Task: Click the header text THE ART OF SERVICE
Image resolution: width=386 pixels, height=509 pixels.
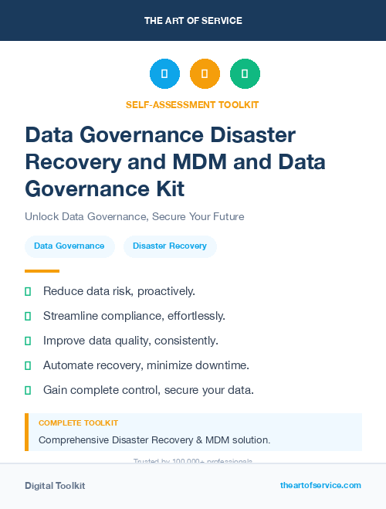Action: pos(193,21)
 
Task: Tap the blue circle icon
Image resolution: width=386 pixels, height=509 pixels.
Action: pos(164,73)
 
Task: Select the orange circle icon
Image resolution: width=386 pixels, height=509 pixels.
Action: pos(205,73)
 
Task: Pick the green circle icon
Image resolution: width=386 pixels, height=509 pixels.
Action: pos(245,73)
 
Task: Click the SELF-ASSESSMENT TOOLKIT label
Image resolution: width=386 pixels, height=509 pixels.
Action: pos(192,104)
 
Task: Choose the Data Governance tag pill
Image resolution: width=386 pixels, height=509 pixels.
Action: pos(69,246)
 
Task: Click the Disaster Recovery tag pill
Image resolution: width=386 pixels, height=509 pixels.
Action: pos(170,246)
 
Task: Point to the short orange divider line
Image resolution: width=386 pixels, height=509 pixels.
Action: pos(42,271)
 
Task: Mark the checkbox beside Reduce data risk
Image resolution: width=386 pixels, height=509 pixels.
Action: pos(29,292)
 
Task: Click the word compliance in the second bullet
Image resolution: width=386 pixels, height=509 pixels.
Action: pos(138,316)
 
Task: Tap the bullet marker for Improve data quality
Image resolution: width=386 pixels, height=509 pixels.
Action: pos(29,341)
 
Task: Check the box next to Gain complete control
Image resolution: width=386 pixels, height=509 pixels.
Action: pos(29,390)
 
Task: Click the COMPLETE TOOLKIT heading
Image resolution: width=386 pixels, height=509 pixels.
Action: pos(78,423)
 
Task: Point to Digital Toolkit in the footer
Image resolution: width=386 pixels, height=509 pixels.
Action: pos(55,486)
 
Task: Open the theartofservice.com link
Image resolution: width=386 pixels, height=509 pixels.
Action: pos(320,485)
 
